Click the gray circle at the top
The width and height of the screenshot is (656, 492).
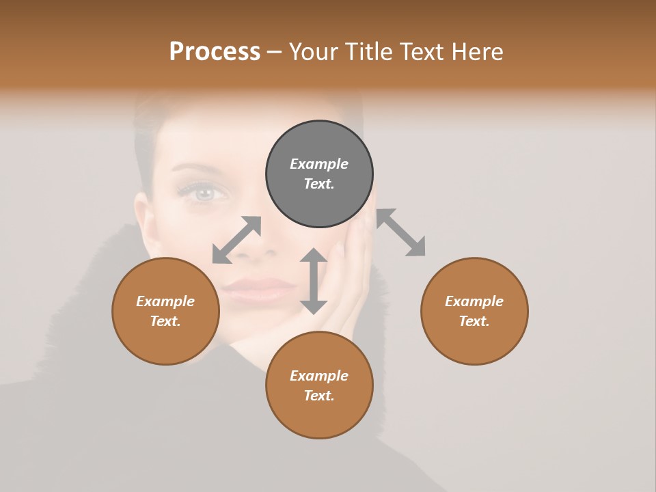click(x=319, y=174)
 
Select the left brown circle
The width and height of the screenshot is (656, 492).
click(x=165, y=311)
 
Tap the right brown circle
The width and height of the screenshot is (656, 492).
click(x=474, y=311)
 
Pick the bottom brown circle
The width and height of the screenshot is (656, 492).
click(x=319, y=385)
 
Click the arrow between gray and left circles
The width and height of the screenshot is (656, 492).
click(x=237, y=239)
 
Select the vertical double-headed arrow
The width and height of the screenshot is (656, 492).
click(x=314, y=281)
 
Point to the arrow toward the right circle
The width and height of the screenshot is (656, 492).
click(x=401, y=232)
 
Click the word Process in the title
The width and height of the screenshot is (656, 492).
click(x=215, y=51)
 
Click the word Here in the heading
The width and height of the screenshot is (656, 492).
click(x=476, y=51)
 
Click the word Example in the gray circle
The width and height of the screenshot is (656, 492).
click(x=319, y=164)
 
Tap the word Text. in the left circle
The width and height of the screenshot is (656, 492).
click(x=165, y=321)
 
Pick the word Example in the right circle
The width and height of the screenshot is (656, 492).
click(x=474, y=301)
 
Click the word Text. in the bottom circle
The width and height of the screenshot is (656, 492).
click(x=319, y=396)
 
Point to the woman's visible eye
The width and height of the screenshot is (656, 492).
click(x=204, y=193)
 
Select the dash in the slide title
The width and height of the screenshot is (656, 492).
click(x=275, y=51)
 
